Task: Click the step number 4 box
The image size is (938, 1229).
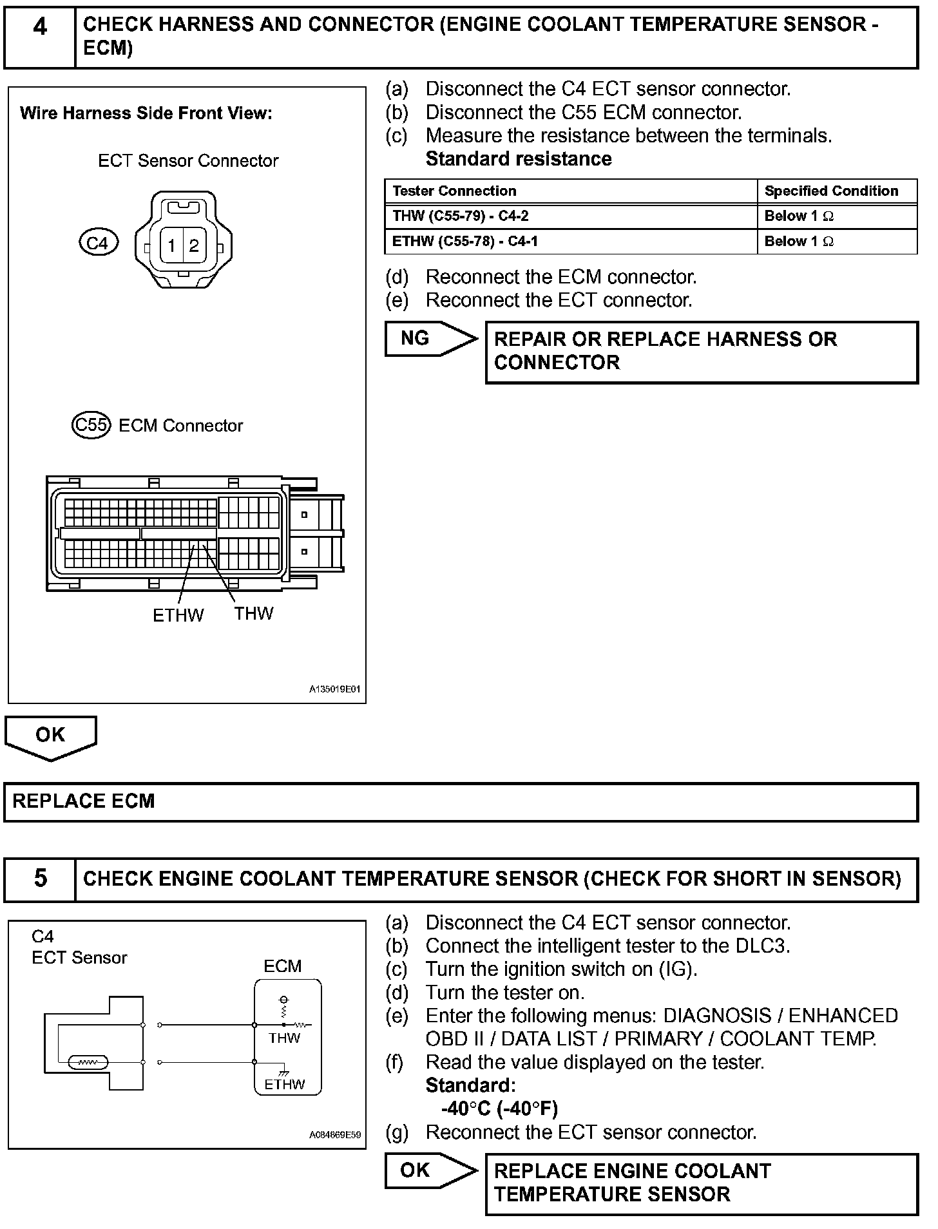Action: pyautogui.click(x=40, y=37)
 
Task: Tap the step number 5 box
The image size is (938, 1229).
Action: pyautogui.click(x=40, y=879)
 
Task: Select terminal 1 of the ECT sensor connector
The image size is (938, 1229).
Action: pyautogui.click(x=171, y=245)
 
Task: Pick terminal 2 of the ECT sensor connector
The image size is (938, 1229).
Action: pyautogui.click(x=194, y=245)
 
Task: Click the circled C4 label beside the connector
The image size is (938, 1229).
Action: pyautogui.click(x=98, y=243)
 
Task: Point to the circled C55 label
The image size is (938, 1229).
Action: pyautogui.click(x=91, y=425)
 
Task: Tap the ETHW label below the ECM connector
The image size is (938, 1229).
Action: pyautogui.click(x=178, y=615)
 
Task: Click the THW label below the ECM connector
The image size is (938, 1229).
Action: pyautogui.click(x=253, y=613)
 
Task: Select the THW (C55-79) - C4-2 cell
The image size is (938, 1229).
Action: pyautogui.click(x=460, y=216)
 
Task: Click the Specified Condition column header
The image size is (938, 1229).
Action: pyautogui.click(x=831, y=191)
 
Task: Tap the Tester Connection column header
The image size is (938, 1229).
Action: pyautogui.click(x=454, y=191)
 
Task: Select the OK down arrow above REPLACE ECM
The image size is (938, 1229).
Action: pyautogui.click(x=50, y=737)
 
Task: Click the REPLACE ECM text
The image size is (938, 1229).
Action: pyautogui.click(x=84, y=801)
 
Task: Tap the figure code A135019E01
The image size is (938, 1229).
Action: pyautogui.click(x=334, y=689)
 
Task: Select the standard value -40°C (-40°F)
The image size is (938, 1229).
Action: pyautogui.click(x=499, y=1108)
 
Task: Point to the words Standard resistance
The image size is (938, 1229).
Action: pyautogui.click(x=519, y=159)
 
